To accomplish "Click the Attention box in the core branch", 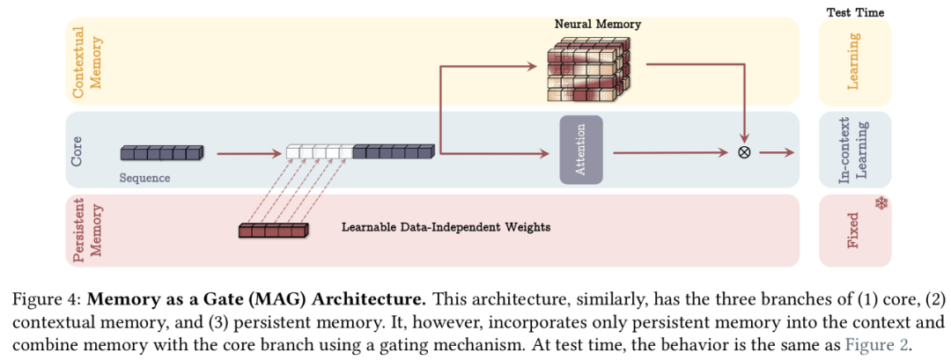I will pos(581,150).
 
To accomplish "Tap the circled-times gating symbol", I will pos(744,152).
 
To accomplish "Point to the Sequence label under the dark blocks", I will pos(144,178).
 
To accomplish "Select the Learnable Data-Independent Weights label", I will pos(446,227).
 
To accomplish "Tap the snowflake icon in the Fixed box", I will pos(881,204).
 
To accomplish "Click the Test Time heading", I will pos(855,12).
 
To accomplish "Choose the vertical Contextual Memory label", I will pos(85,61).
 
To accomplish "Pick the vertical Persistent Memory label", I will pos(85,230).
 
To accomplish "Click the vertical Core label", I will pos(77,149).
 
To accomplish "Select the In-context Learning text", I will pos(853,149).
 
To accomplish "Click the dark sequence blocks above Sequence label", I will pos(161,153).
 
